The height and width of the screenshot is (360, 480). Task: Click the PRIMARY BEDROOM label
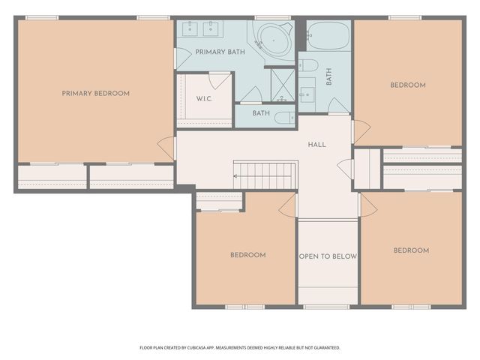pos(95,93)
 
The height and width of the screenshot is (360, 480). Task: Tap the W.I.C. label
pos(204,99)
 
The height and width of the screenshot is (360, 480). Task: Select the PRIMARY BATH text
pos(220,52)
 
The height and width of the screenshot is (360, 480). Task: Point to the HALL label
pos(316,145)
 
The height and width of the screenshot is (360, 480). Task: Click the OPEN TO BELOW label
pos(328,256)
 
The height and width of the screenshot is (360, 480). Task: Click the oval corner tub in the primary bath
pos(274,40)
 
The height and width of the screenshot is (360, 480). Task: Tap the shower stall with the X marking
pos(283,85)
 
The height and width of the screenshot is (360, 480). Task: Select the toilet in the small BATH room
pos(284,118)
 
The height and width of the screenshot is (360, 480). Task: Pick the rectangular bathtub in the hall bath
pos(328,35)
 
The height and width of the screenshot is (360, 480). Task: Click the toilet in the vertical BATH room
pos(308,65)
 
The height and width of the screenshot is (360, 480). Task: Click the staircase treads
pos(265,176)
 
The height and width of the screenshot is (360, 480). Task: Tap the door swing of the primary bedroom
pos(166,148)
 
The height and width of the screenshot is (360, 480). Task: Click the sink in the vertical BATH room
pos(307,94)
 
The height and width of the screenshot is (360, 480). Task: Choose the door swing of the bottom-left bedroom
pos(288,206)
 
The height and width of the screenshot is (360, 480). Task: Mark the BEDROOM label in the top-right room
pos(408,85)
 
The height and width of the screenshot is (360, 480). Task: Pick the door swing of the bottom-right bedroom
pos(368,205)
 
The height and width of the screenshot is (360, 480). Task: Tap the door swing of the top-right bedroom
pos(361,132)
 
